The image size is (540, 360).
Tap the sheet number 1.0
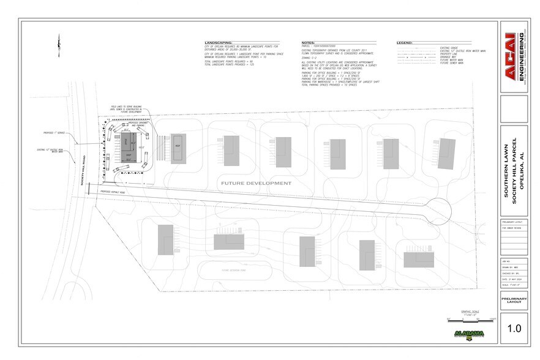513,329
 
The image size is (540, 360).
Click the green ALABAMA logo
470,334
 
